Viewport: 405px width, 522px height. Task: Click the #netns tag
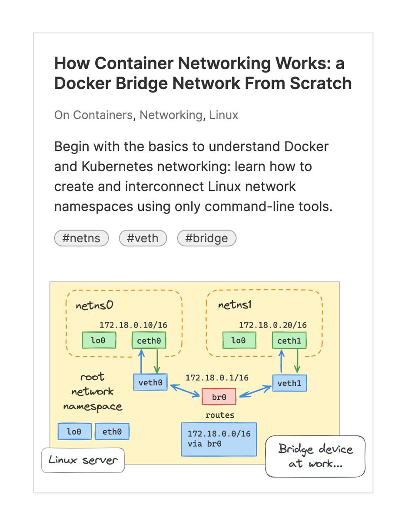click(x=81, y=238)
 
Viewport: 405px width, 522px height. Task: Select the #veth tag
click(x=143, y=238)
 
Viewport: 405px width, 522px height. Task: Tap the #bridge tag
click(x=206, y=238)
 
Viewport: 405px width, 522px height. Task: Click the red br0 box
click(x=219, y=397)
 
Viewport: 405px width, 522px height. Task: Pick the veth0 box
click(x=150, y=382)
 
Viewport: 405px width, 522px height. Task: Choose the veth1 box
click(x=289, y=383)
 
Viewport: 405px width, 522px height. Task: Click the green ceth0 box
click(x=149, y=341)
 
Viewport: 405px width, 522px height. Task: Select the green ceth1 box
click(x=289, y=341)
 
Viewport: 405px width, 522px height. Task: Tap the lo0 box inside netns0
click(x=99, y=341)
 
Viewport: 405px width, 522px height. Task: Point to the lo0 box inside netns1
click(x=239, y=341)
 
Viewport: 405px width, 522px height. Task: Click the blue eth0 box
click(x=112, y=432)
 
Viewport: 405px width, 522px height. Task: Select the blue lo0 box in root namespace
click(x=74, y=432)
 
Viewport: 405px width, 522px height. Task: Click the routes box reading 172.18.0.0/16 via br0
click(x=219, y=439)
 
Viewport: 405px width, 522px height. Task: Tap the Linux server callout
click(x=83, y=460)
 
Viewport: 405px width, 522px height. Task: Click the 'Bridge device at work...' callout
click(x=315, y=456)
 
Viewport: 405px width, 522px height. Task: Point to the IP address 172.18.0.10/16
click(x=133, y=325)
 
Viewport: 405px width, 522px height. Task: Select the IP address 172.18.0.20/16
click(x=273, y=325)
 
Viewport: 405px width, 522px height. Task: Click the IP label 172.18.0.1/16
click(x=217, y=378)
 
